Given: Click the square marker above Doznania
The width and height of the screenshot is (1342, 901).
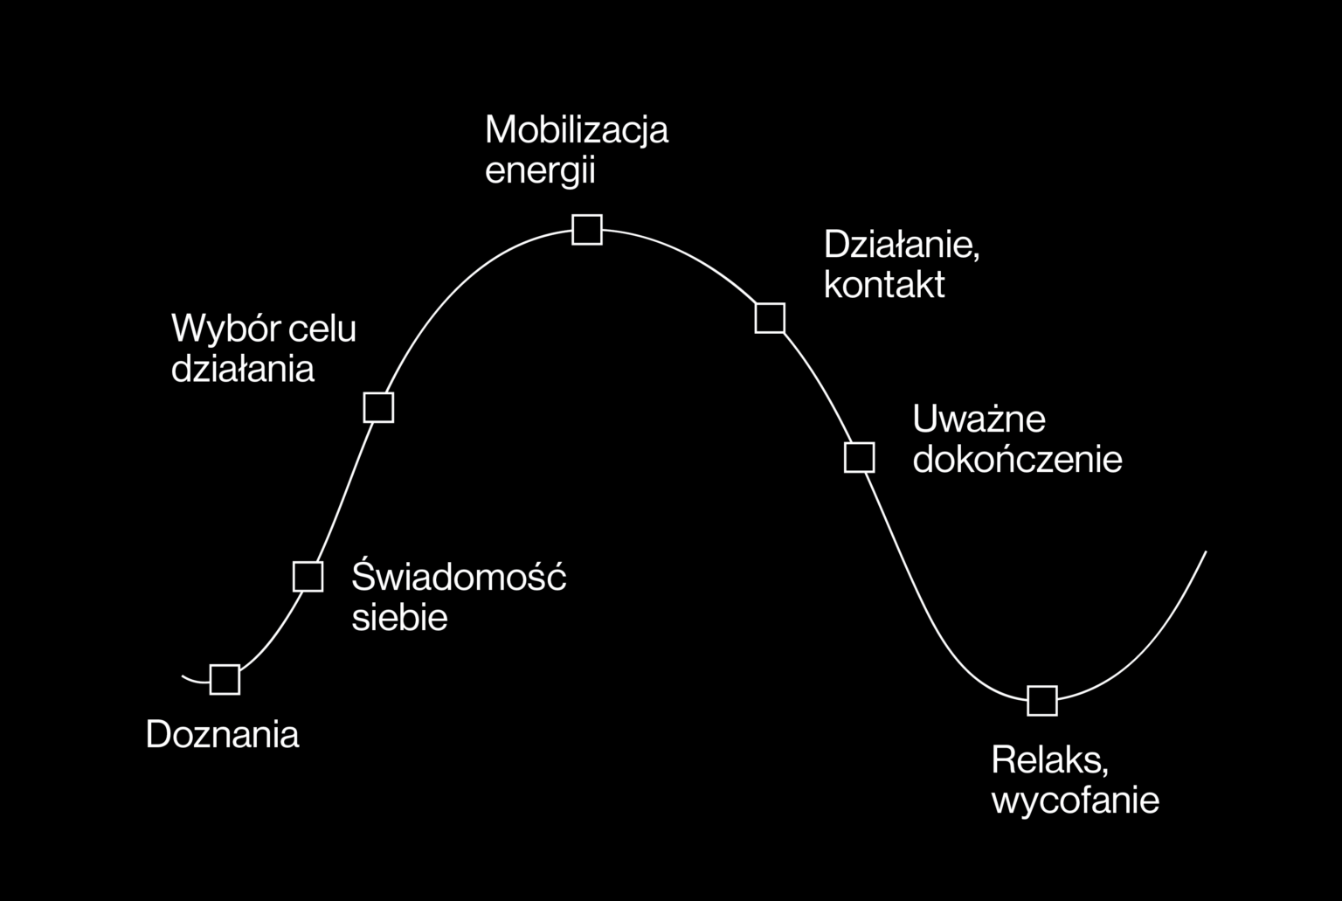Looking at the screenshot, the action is point(225,679).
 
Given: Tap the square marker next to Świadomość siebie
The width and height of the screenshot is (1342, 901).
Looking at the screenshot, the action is point(308,576).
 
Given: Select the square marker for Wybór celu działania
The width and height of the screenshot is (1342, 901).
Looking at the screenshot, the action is point(378,407).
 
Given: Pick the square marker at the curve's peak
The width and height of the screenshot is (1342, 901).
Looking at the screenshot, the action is point(587,230).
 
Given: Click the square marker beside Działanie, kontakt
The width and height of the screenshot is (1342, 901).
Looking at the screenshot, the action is point(770,317).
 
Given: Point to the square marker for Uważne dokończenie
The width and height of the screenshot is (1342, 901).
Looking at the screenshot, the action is point(859,457).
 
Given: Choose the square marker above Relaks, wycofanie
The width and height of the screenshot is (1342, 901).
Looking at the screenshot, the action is point(1041,700).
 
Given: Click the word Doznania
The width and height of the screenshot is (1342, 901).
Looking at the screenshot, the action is point(222,734).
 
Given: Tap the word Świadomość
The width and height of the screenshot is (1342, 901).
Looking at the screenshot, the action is point(459,575).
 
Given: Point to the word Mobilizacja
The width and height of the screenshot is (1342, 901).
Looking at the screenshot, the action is point(577,130).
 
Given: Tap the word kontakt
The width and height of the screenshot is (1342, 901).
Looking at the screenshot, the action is point(884,284).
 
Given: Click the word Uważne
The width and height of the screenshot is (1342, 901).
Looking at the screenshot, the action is point(979,418).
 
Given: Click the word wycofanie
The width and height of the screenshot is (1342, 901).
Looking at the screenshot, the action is point(1076,801).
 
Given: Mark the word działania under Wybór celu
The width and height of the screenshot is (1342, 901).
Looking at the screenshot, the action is point(243,368).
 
